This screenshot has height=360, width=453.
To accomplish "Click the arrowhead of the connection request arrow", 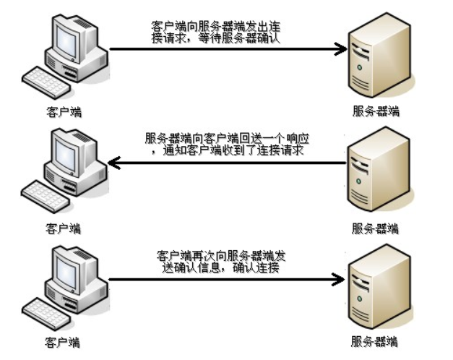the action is pyautogui.click(x=341, y=48).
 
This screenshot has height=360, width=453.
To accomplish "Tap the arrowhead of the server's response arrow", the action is pyautogui.click(x=114, y=163).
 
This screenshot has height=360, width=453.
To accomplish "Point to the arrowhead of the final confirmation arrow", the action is pyautogui.click(x=339, y=279).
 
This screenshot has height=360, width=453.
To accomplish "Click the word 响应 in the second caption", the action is pyautogui.click(x=298, y=139).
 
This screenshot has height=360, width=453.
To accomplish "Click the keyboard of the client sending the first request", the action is pyautogui.click(x=46, y=82).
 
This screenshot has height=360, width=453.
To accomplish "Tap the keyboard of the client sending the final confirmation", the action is pyautogui.click(x=46, y=314).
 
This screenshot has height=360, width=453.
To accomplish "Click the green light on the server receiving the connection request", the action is pyautogui.click(x=360, y=67).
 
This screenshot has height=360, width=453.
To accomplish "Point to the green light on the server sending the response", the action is pyautogui.click(x=359, y=181).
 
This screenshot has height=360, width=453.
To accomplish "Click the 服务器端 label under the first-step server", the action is pyautogui.click(x=376, y=111).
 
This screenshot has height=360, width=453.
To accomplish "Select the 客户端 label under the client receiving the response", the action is pyautogui.click(x=64, y=228).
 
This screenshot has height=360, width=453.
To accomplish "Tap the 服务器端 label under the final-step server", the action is pyautogui.click(x=374, y=341).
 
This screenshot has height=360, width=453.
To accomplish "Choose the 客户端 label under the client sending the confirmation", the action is pyautogui.click(x=62, y=343).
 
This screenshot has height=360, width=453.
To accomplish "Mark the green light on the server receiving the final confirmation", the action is pyautogui.click(x=360, y=299).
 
